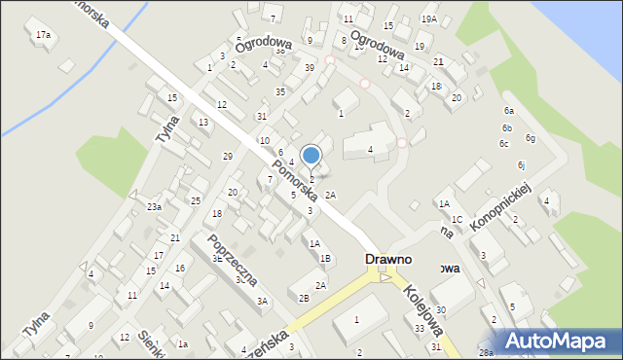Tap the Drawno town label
point(388,260)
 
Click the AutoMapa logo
point(559,342)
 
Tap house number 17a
point(43,35)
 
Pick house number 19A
point(428,19)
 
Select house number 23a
point(154,207)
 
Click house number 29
point(228,156)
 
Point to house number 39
point(309,67)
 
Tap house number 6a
point(508,111)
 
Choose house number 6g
point(531,138)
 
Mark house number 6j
point(522,164)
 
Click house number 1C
point(457,220)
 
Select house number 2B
point(304,298)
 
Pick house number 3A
point(262,302)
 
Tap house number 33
point(420,329)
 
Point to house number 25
point(196,200)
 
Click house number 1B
point(326,258)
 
